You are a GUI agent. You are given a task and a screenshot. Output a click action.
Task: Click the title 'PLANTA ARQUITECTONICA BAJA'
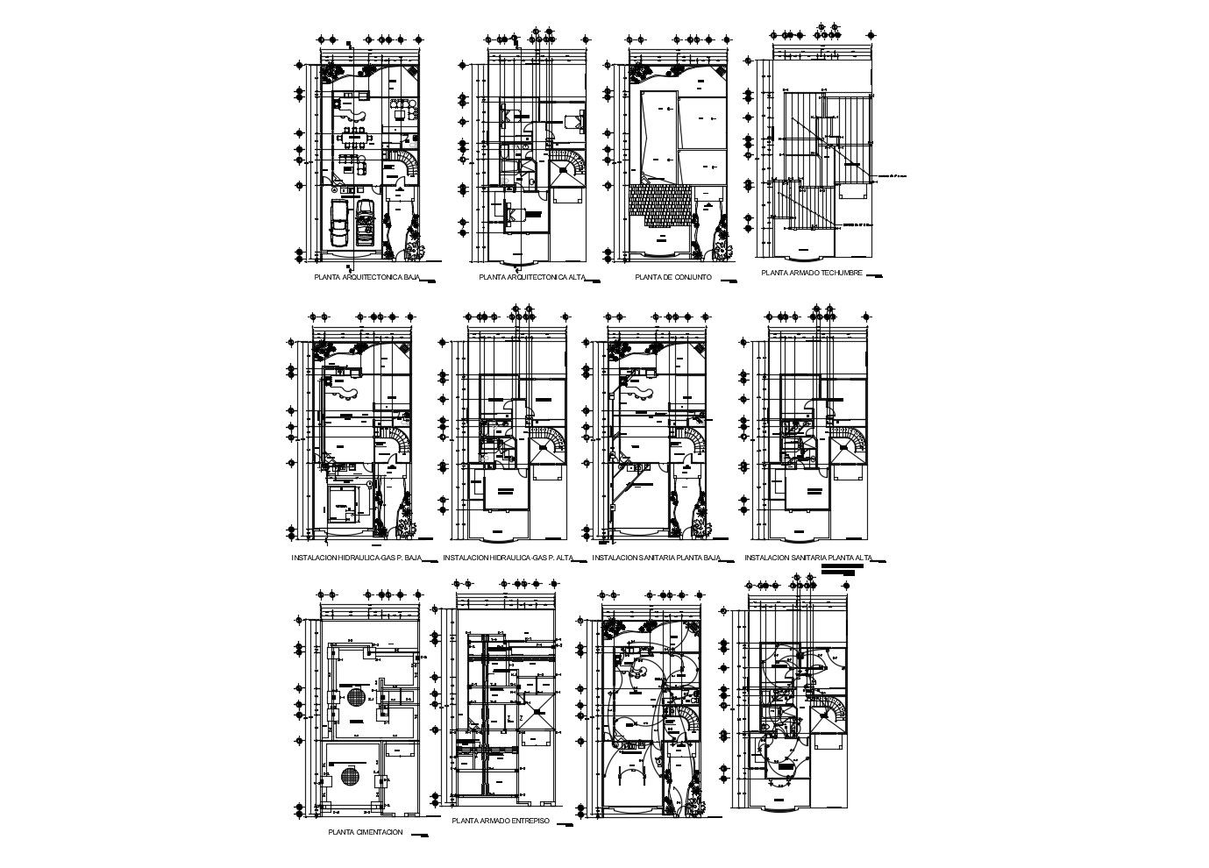pyautogui.click(x=367, y=277)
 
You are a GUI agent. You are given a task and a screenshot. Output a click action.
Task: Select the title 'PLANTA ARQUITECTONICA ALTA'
pyautogui.click(x=532, y=277)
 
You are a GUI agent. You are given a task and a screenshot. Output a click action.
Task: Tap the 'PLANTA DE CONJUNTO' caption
pyautogui.click(x=672, y=277)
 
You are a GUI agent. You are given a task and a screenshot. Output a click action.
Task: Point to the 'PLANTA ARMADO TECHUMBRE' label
pyautogui.click(x=812, y=273)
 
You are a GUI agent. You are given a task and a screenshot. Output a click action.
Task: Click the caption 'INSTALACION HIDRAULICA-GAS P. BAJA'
pyautogui.click(x=357, y=558)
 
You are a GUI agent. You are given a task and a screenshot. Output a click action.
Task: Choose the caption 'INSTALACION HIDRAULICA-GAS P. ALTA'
pyautogui.click(x=508, y=558)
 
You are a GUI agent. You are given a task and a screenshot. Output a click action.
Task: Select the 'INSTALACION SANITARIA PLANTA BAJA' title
pyautogui.click(x=656, y=558)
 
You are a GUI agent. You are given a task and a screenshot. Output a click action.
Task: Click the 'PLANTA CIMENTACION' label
pyautogui.click(x=365, y=832)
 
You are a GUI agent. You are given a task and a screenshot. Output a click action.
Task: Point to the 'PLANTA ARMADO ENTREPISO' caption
pyautogui.click(x=500, y=822)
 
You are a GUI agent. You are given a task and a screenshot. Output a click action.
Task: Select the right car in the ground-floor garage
pyautogui.click(x=365, y=223)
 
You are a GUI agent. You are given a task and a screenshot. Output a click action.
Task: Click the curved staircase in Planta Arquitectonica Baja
pyautogui.click(x=404, y=164)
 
